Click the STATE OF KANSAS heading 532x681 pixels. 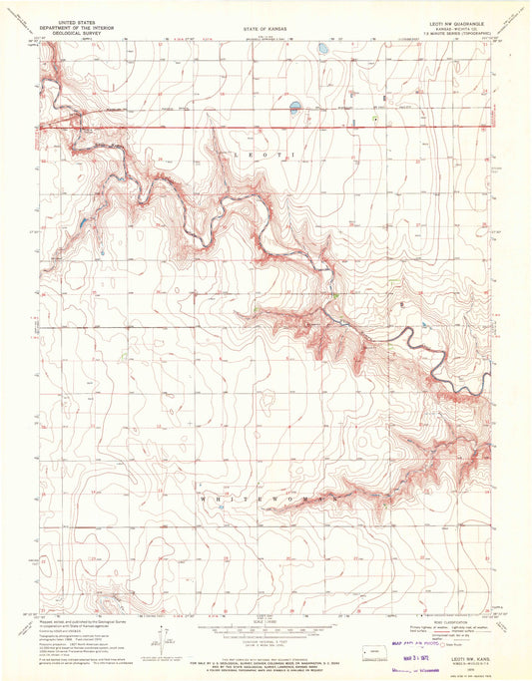pyautogui.click(x=265, y=30)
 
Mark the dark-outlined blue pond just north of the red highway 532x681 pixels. pyautogui.click(x=294, y=105)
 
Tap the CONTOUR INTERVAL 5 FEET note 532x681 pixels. pyautogui.click(x=265, y=640)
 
